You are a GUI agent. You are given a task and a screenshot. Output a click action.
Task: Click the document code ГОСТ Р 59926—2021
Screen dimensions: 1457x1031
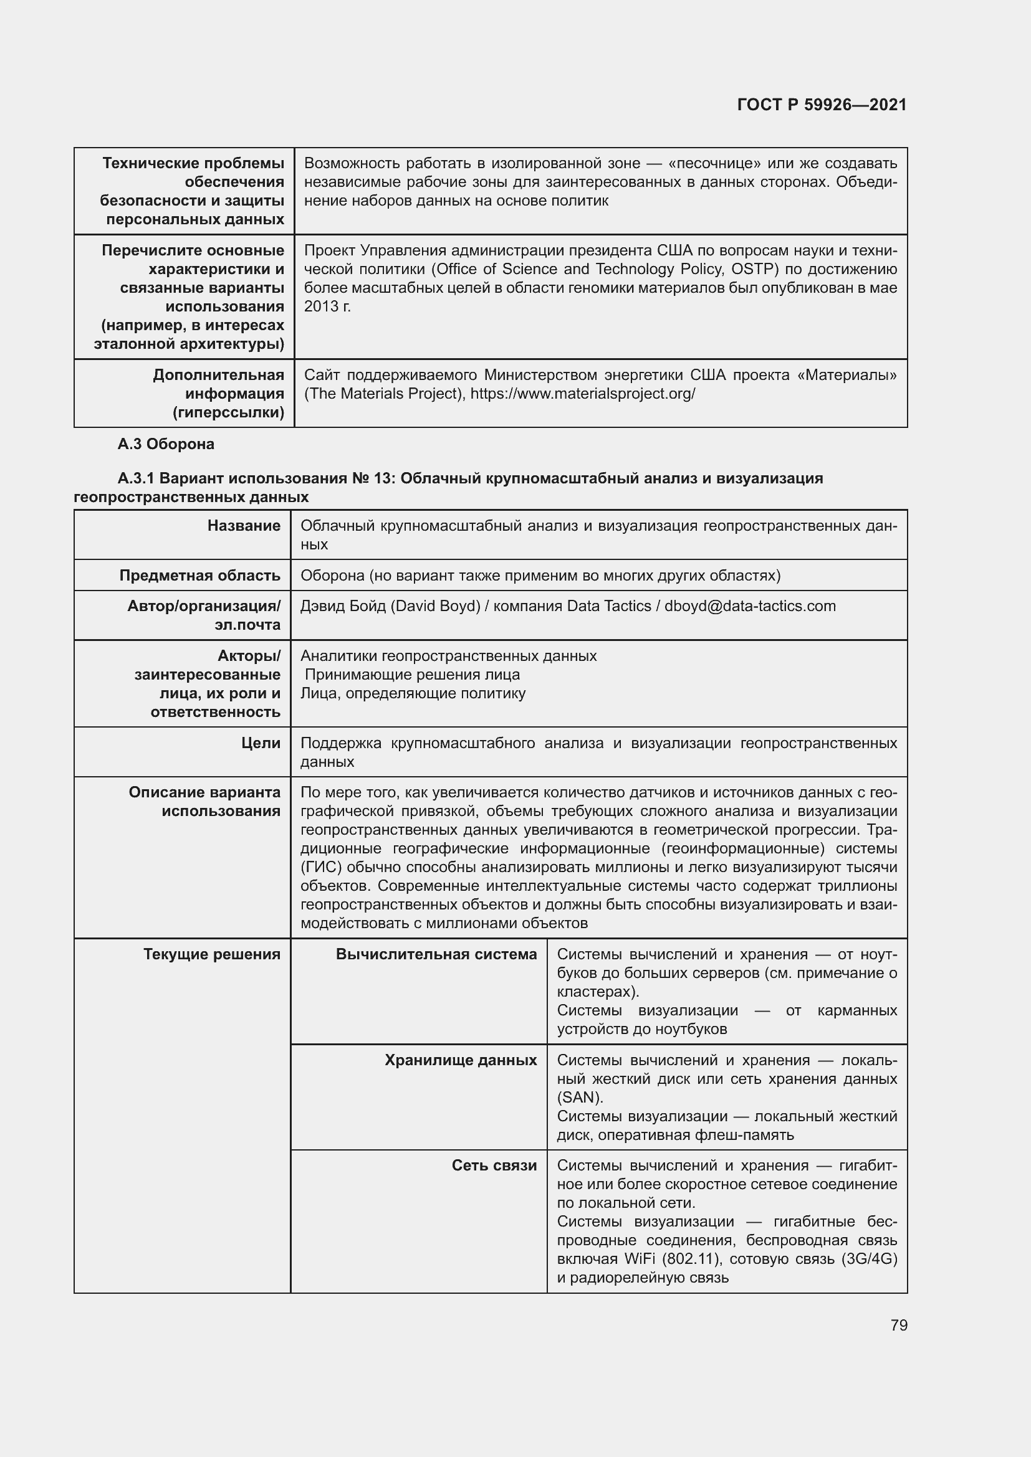(822, 105)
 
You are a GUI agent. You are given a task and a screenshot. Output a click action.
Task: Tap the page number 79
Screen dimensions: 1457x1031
(898, 1325)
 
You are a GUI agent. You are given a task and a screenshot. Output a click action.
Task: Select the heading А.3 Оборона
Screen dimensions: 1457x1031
(166, 444)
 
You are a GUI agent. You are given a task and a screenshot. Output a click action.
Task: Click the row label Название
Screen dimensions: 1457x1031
(244, 526)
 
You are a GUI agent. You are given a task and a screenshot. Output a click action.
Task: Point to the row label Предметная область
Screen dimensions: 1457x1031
(199, 576)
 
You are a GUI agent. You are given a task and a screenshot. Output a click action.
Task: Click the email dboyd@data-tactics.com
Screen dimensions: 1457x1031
(750, 606)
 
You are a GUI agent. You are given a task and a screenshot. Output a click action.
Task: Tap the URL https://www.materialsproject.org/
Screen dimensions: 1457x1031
(582, 394)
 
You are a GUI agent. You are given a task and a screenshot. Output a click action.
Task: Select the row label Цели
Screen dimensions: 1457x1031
(261, 743)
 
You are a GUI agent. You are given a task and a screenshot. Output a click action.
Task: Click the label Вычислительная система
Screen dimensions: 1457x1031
(436, 954)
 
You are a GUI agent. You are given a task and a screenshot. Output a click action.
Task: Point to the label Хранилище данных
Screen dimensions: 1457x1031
(460, 1060)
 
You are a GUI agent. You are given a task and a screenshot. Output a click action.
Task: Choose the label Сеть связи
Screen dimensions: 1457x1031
(494, 1165)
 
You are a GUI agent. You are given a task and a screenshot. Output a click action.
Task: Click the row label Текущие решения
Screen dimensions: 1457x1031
(211, 954)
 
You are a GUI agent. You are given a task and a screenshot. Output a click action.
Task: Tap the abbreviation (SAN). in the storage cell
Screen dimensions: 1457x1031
(580, 1097)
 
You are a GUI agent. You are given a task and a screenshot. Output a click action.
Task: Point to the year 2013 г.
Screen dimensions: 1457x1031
(327, 306)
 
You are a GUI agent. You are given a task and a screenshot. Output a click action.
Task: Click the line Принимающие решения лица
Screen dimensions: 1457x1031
(412, 675)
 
